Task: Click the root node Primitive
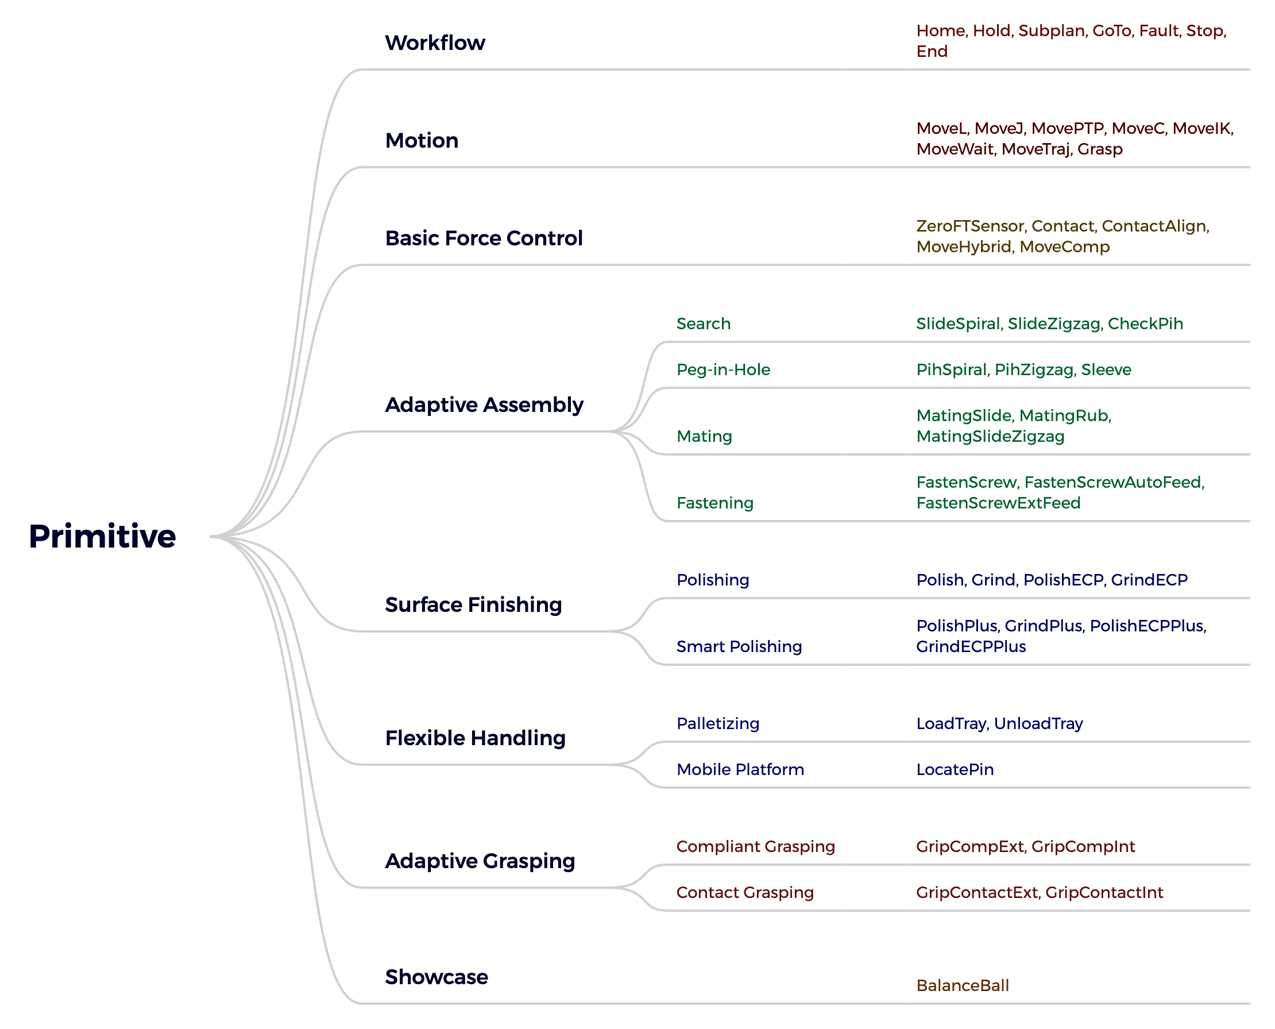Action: click(102, 537)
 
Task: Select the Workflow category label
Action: click(435, 43)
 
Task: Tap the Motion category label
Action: click(421, 141)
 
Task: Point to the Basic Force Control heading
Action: click(484, 238)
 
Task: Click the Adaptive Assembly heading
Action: click(484, 406)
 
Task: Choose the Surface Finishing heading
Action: click(473, 605)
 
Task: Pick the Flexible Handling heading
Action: click(475, 738)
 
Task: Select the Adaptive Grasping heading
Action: click(480, 861)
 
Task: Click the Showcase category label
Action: click(436, 977)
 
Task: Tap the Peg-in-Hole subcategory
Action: click(723, 370)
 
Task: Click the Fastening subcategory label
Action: click(714, 503)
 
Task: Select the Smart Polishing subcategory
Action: click(739, 647)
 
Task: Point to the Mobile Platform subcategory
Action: click(740, 769)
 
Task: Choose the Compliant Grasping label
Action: click(755, 847)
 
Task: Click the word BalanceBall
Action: click(962, 986)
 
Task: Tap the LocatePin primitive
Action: click(955, 769)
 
